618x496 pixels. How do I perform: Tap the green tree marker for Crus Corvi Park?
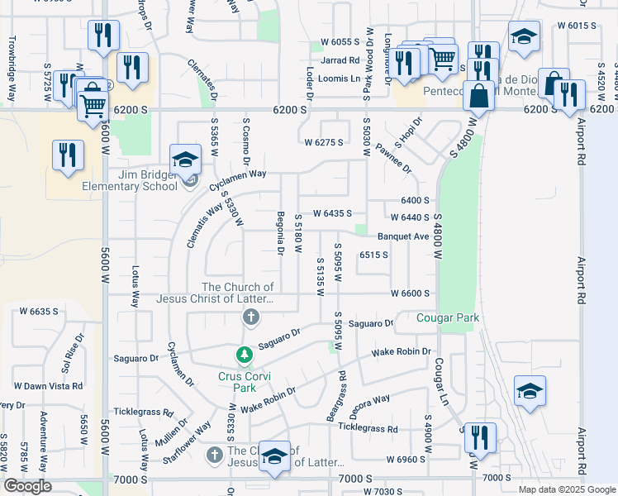[244, 355]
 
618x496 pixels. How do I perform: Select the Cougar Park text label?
[448, 317]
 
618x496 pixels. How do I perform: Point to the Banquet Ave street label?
[404, 236]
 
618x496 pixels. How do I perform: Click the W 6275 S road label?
[323, 143]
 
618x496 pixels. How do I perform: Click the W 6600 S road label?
[411, 293]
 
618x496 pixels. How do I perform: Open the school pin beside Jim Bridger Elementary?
[186, 158]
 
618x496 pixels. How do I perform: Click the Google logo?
[27, 486]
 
